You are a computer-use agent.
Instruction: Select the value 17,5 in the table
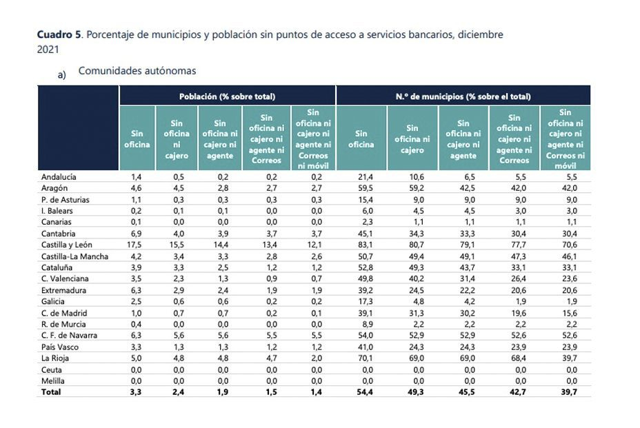pyautogui.click(x=137, y=245)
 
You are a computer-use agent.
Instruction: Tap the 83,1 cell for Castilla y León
pyautogui.click(x=361, y=245)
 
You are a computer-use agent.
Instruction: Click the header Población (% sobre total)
pyautogui.click(x=227, y=96)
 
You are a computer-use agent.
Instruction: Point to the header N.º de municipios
pyautogui.click(x=463, y=96)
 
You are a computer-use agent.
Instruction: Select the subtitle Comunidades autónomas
pyautogui.click(x=137, y=71)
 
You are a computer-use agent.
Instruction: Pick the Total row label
pyautogui.click(x=51, y=392)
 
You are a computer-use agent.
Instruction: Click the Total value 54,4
pyautogui.click(x=361, y=392)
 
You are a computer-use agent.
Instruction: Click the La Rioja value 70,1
pyautogui.click(x=361, y=358)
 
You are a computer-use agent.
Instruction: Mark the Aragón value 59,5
pyautogui.click(x=361, y=188)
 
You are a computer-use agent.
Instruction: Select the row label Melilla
pyautogui.click(x=53, y=380)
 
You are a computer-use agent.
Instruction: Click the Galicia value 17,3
pyautogui.click(x=361, y=301)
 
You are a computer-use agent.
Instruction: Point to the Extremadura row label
pyautogui.click(x=64, y=290)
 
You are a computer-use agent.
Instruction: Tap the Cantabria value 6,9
pyautogui.click(x=137, y=234)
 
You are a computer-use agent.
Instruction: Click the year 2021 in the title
pyautogui.click(x=48, y=50)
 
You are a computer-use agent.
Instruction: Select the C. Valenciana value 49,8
pyautogui.click(x=361, y=278)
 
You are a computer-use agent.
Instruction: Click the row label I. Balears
pyautogui.click(x=57, y=211)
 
